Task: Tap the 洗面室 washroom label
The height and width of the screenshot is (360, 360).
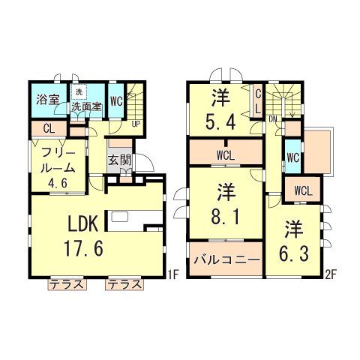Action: (87, 106)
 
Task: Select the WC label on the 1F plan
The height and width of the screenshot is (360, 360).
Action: (116, 99)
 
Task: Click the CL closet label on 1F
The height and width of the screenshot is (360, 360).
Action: (47, 129)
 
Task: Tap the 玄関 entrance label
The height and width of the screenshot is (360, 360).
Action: (120, 159)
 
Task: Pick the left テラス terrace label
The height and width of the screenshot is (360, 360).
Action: (65, 283)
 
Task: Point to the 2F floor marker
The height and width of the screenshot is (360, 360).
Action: (328, 275)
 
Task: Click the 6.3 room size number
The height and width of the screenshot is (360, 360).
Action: (293, 253)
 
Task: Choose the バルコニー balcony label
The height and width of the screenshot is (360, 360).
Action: (226, 260)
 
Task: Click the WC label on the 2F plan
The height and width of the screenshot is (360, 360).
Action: (292, 158)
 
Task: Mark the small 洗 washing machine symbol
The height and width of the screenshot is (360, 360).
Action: (78, 92)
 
